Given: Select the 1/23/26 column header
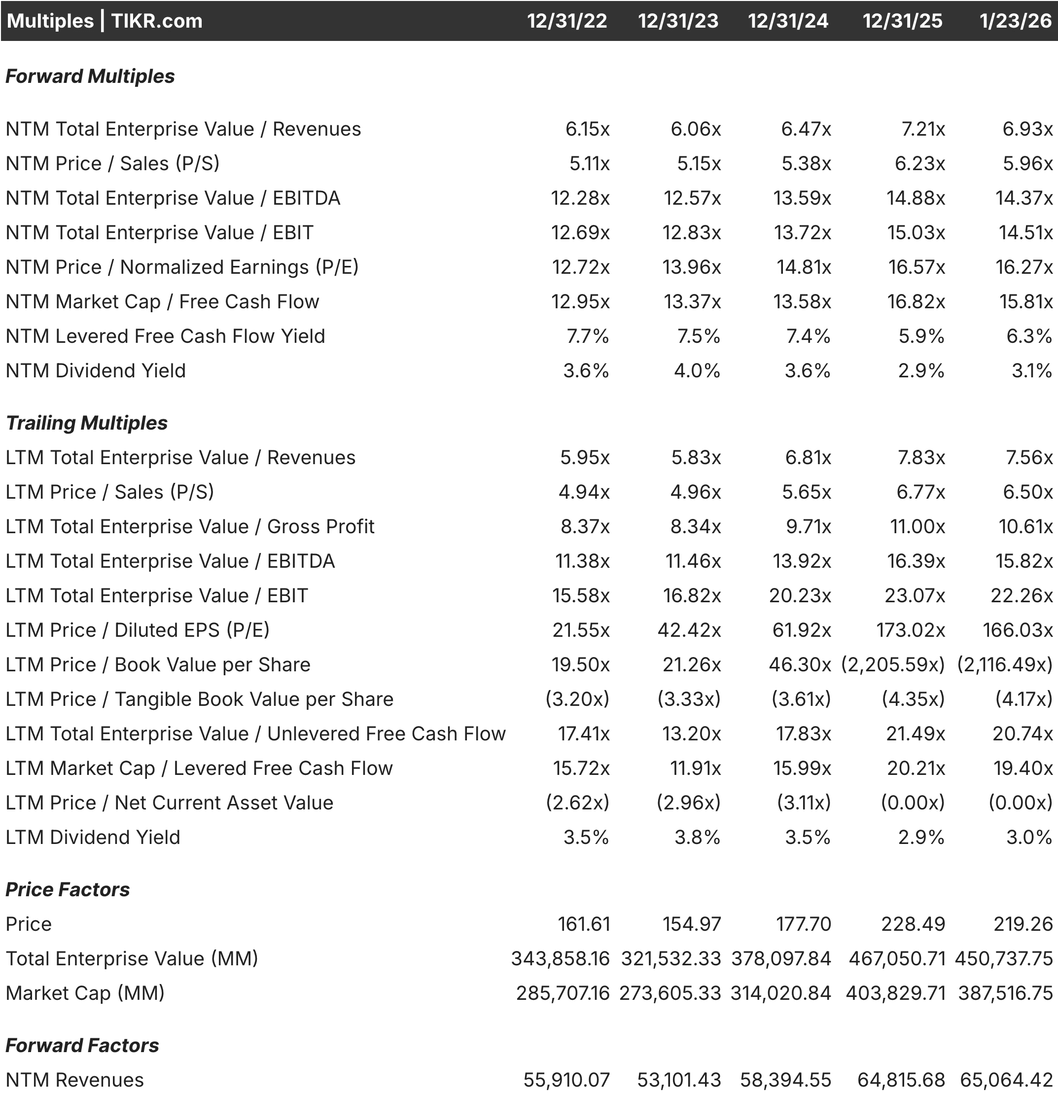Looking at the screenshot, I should [1016, 21].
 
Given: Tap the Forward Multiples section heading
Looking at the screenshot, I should [90, 76].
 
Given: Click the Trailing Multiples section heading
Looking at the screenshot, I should [87, 423].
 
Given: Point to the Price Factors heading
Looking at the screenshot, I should [68, 889].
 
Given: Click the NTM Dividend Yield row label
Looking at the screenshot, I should [96, 370].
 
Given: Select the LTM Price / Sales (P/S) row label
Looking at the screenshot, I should [109, 492].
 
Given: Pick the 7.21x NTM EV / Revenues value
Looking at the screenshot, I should [922, 129].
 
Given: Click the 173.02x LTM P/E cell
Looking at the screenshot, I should [910, 630].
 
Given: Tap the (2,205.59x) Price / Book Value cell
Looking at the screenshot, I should [892, 665].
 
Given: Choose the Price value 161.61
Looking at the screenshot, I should [584, 924].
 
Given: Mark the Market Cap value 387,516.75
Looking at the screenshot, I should [1005, 993].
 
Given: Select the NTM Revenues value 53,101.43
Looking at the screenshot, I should [679, 1080].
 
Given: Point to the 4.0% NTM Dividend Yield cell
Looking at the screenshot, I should [697, 370].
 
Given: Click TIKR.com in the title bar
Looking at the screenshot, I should [157, 21].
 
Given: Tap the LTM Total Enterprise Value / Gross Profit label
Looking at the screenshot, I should [190, 527].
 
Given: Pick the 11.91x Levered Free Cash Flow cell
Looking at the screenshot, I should [696, 768].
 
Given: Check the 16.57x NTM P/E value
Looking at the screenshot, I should [917, 267].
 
